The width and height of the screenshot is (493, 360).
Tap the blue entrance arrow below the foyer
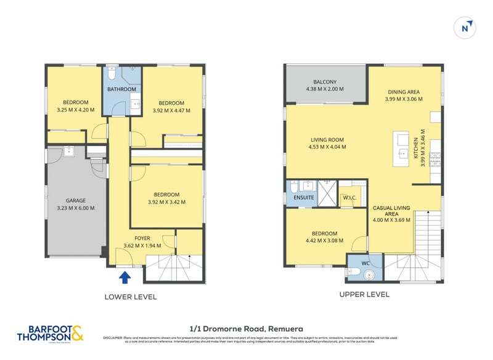coord(125,277)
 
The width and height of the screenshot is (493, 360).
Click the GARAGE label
coord(76,200)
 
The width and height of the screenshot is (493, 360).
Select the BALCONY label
coord(324,82)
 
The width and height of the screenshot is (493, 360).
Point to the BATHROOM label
coord(121,89)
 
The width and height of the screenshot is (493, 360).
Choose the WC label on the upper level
coord(364,264)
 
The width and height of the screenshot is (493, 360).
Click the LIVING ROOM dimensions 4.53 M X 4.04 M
coord(327,147)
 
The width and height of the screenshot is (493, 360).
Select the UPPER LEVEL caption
coord(364,295)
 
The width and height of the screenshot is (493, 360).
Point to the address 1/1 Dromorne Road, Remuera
coord(246,329)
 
